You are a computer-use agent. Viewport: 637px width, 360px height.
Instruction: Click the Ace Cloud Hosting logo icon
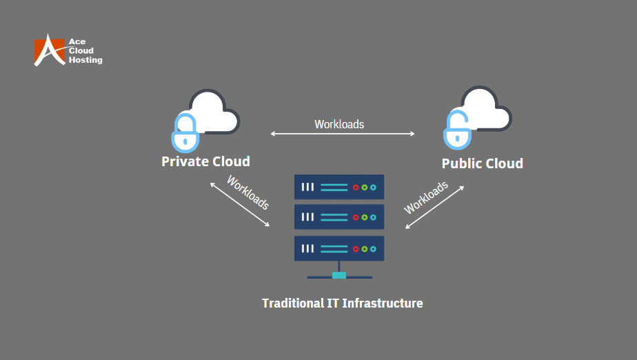pos(49,50)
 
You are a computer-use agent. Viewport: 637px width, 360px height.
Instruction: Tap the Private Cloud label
pos(205,161)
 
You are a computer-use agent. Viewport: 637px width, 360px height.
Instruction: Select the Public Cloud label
pos(483,163)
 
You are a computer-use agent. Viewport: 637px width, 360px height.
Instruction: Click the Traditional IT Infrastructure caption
pos(342,303)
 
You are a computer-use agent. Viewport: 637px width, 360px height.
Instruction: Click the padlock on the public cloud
pos(457,130)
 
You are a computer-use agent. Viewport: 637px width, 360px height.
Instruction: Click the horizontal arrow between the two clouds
pos(343,134)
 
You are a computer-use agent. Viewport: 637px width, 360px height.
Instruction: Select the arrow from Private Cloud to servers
pos(240,205)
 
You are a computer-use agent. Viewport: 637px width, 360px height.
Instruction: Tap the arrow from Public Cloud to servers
pos(434,207)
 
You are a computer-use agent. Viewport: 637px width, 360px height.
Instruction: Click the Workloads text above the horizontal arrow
pos(339,124)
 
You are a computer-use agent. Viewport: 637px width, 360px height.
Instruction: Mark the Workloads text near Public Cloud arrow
pos(425,197)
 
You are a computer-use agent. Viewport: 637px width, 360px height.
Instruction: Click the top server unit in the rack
pos(339,187)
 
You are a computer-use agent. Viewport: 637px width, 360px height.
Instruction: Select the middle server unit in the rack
pos(339,217)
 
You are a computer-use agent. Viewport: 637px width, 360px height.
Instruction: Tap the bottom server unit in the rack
pos(339,248)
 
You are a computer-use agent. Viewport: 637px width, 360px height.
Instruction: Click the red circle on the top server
pos(356,187)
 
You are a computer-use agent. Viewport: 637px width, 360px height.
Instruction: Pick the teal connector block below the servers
pos(338,275)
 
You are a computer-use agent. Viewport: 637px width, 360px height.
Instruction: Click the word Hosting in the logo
pos(85,61)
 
